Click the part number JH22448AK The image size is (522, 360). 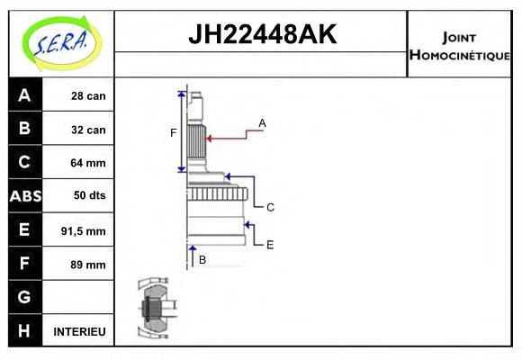(x=261, y=35)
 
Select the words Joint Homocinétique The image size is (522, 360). (x=459, y=45)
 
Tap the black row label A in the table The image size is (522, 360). (x=24, y=95)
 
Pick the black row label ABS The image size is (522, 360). (x=24, y=196)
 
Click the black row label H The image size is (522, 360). (x=24, y=331)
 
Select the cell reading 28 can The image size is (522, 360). (x=88, y=95)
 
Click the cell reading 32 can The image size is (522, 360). (x=88, y=130)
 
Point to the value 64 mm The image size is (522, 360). (x=88, y=163)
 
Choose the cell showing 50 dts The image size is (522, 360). (x=88, y=196)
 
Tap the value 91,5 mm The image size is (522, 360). (x=83, y=230)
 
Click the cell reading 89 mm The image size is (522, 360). (x=88, y=265)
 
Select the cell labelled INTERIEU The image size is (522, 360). (x=80, y=332)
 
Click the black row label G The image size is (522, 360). (x=24, y=297)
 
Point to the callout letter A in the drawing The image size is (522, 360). (x=263, y=122)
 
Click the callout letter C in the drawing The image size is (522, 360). (x=270, y=207)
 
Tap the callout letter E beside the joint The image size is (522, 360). (x=270, y=244)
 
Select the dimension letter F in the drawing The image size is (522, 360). (x=174, y=133)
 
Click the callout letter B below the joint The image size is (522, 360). (x=202, y=259)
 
